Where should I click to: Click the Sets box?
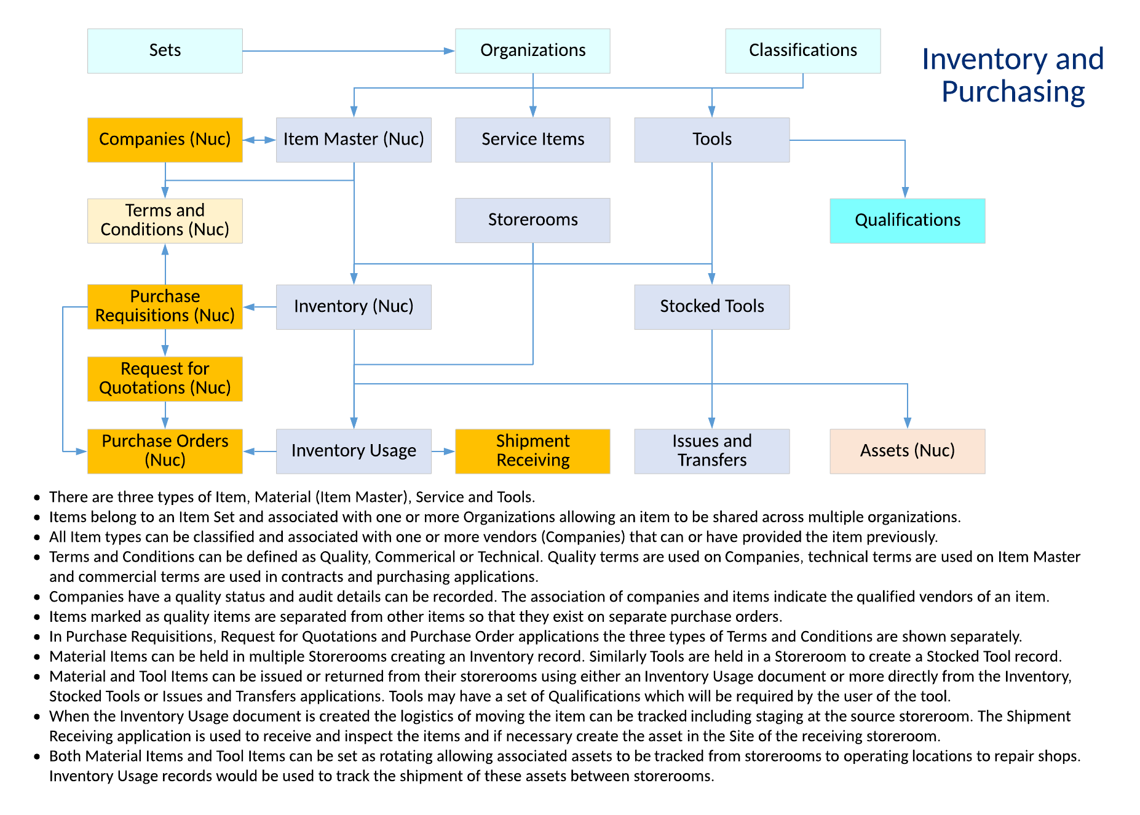pos(165,51)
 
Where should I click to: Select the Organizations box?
pos(532,51)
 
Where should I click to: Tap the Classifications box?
pos(802,51)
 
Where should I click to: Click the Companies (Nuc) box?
pos(165,140)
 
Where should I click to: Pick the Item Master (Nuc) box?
pos(354,140)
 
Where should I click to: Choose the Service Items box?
pos(532,140)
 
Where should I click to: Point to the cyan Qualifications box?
pos(907,220)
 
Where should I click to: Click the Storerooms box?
pos(532,220)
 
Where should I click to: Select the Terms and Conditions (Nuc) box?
pos(165,220)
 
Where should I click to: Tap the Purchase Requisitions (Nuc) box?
pos(165,306)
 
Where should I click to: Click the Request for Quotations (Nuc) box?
pos(165,379)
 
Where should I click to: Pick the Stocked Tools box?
pos(711,306)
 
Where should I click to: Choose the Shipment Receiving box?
pos(532,451)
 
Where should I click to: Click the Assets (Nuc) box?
pos(907,451)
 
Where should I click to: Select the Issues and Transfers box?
pos(711,451)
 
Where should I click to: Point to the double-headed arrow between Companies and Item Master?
pos(259,140)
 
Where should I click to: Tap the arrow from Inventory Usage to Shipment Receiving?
pos(443,451)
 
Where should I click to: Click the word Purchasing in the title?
pos(1013,92)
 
